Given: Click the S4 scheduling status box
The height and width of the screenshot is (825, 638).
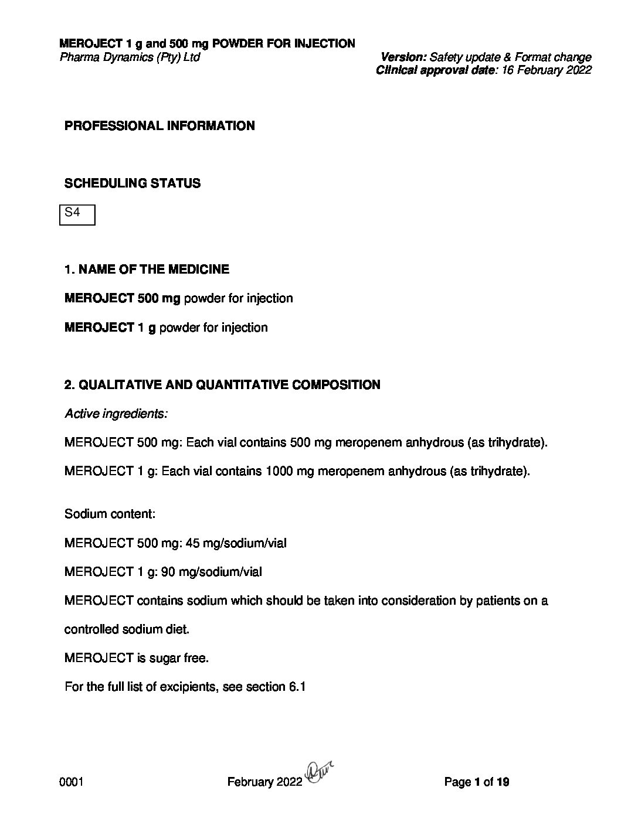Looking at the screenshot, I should [77, 214].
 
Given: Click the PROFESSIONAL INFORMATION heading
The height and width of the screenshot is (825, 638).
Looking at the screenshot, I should [159, 126].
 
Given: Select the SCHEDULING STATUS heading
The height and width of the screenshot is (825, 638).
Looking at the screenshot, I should [132, 183].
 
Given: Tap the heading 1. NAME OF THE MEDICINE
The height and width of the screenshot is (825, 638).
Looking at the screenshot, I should [147, 270].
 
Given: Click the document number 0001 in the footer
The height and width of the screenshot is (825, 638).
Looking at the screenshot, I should [71, 782].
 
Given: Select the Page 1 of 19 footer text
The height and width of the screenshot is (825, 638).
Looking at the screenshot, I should [477, 782].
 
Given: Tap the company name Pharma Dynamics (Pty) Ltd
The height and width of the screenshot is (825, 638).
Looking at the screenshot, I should [130, 57].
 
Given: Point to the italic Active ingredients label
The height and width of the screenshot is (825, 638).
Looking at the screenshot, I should [116, 414].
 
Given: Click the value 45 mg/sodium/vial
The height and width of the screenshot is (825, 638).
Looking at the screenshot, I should [236, 543].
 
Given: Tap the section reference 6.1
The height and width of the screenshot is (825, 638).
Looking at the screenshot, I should [297, 687].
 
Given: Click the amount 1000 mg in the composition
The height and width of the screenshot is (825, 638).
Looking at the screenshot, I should [287, 471].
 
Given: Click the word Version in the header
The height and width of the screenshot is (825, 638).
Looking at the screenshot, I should [403, 57].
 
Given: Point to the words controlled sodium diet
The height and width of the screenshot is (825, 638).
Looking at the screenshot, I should [127, 629].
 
